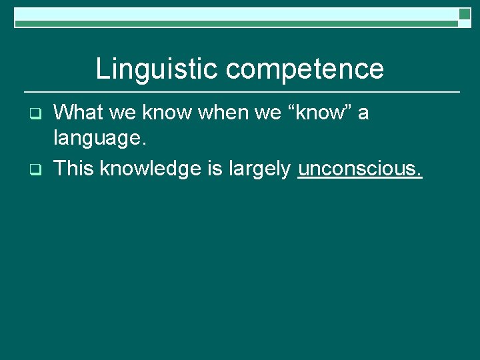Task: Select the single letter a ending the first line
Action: click(363, 114)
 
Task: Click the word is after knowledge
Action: click(215, 169)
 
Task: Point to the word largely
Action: click(259, 169)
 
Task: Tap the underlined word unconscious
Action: click(360, 169)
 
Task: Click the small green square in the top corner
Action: click(465, 13)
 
